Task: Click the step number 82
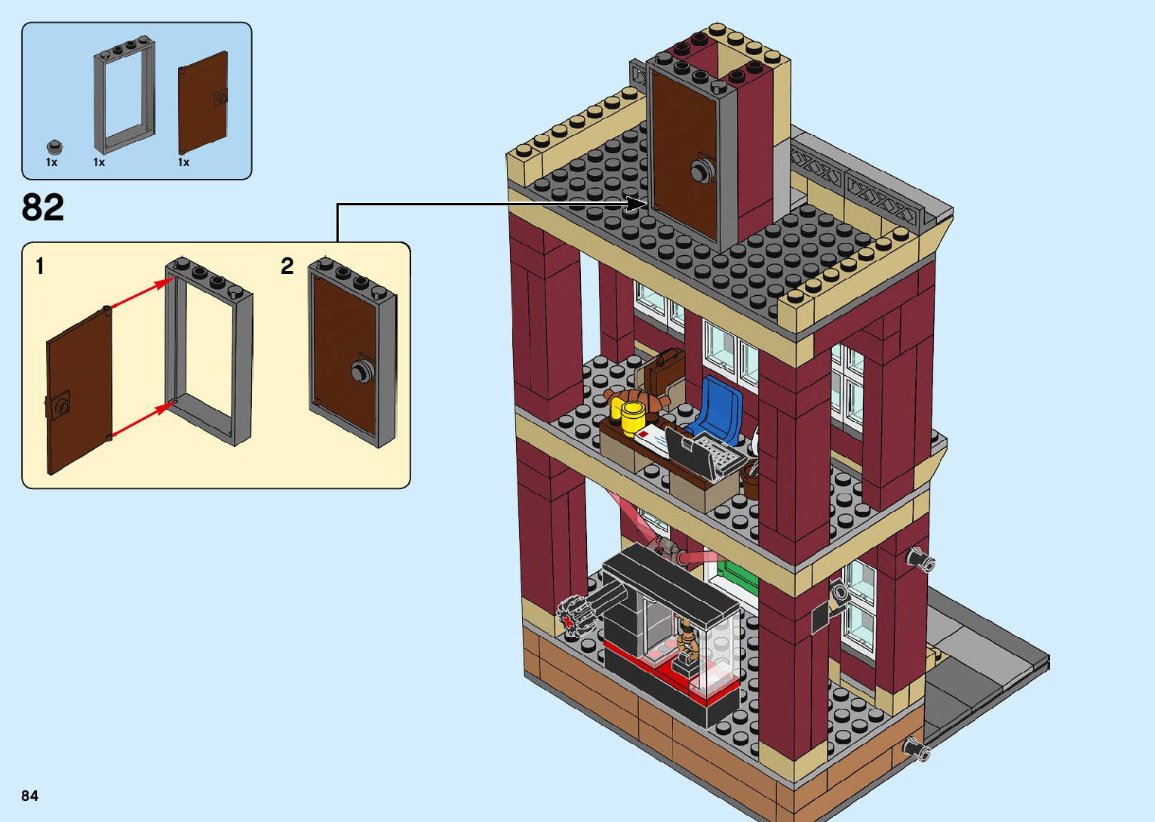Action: point(43,208)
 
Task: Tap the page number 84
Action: point(29,796)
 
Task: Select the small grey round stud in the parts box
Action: point(54,146)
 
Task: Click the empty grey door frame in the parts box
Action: point(124,94)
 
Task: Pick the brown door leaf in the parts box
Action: point(202,103)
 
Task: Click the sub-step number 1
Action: point(40,266)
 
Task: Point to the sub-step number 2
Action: point(287,266)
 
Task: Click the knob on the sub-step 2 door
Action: point(362,371)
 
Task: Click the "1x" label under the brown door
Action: point(183,162)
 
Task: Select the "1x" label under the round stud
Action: point(51,162)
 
